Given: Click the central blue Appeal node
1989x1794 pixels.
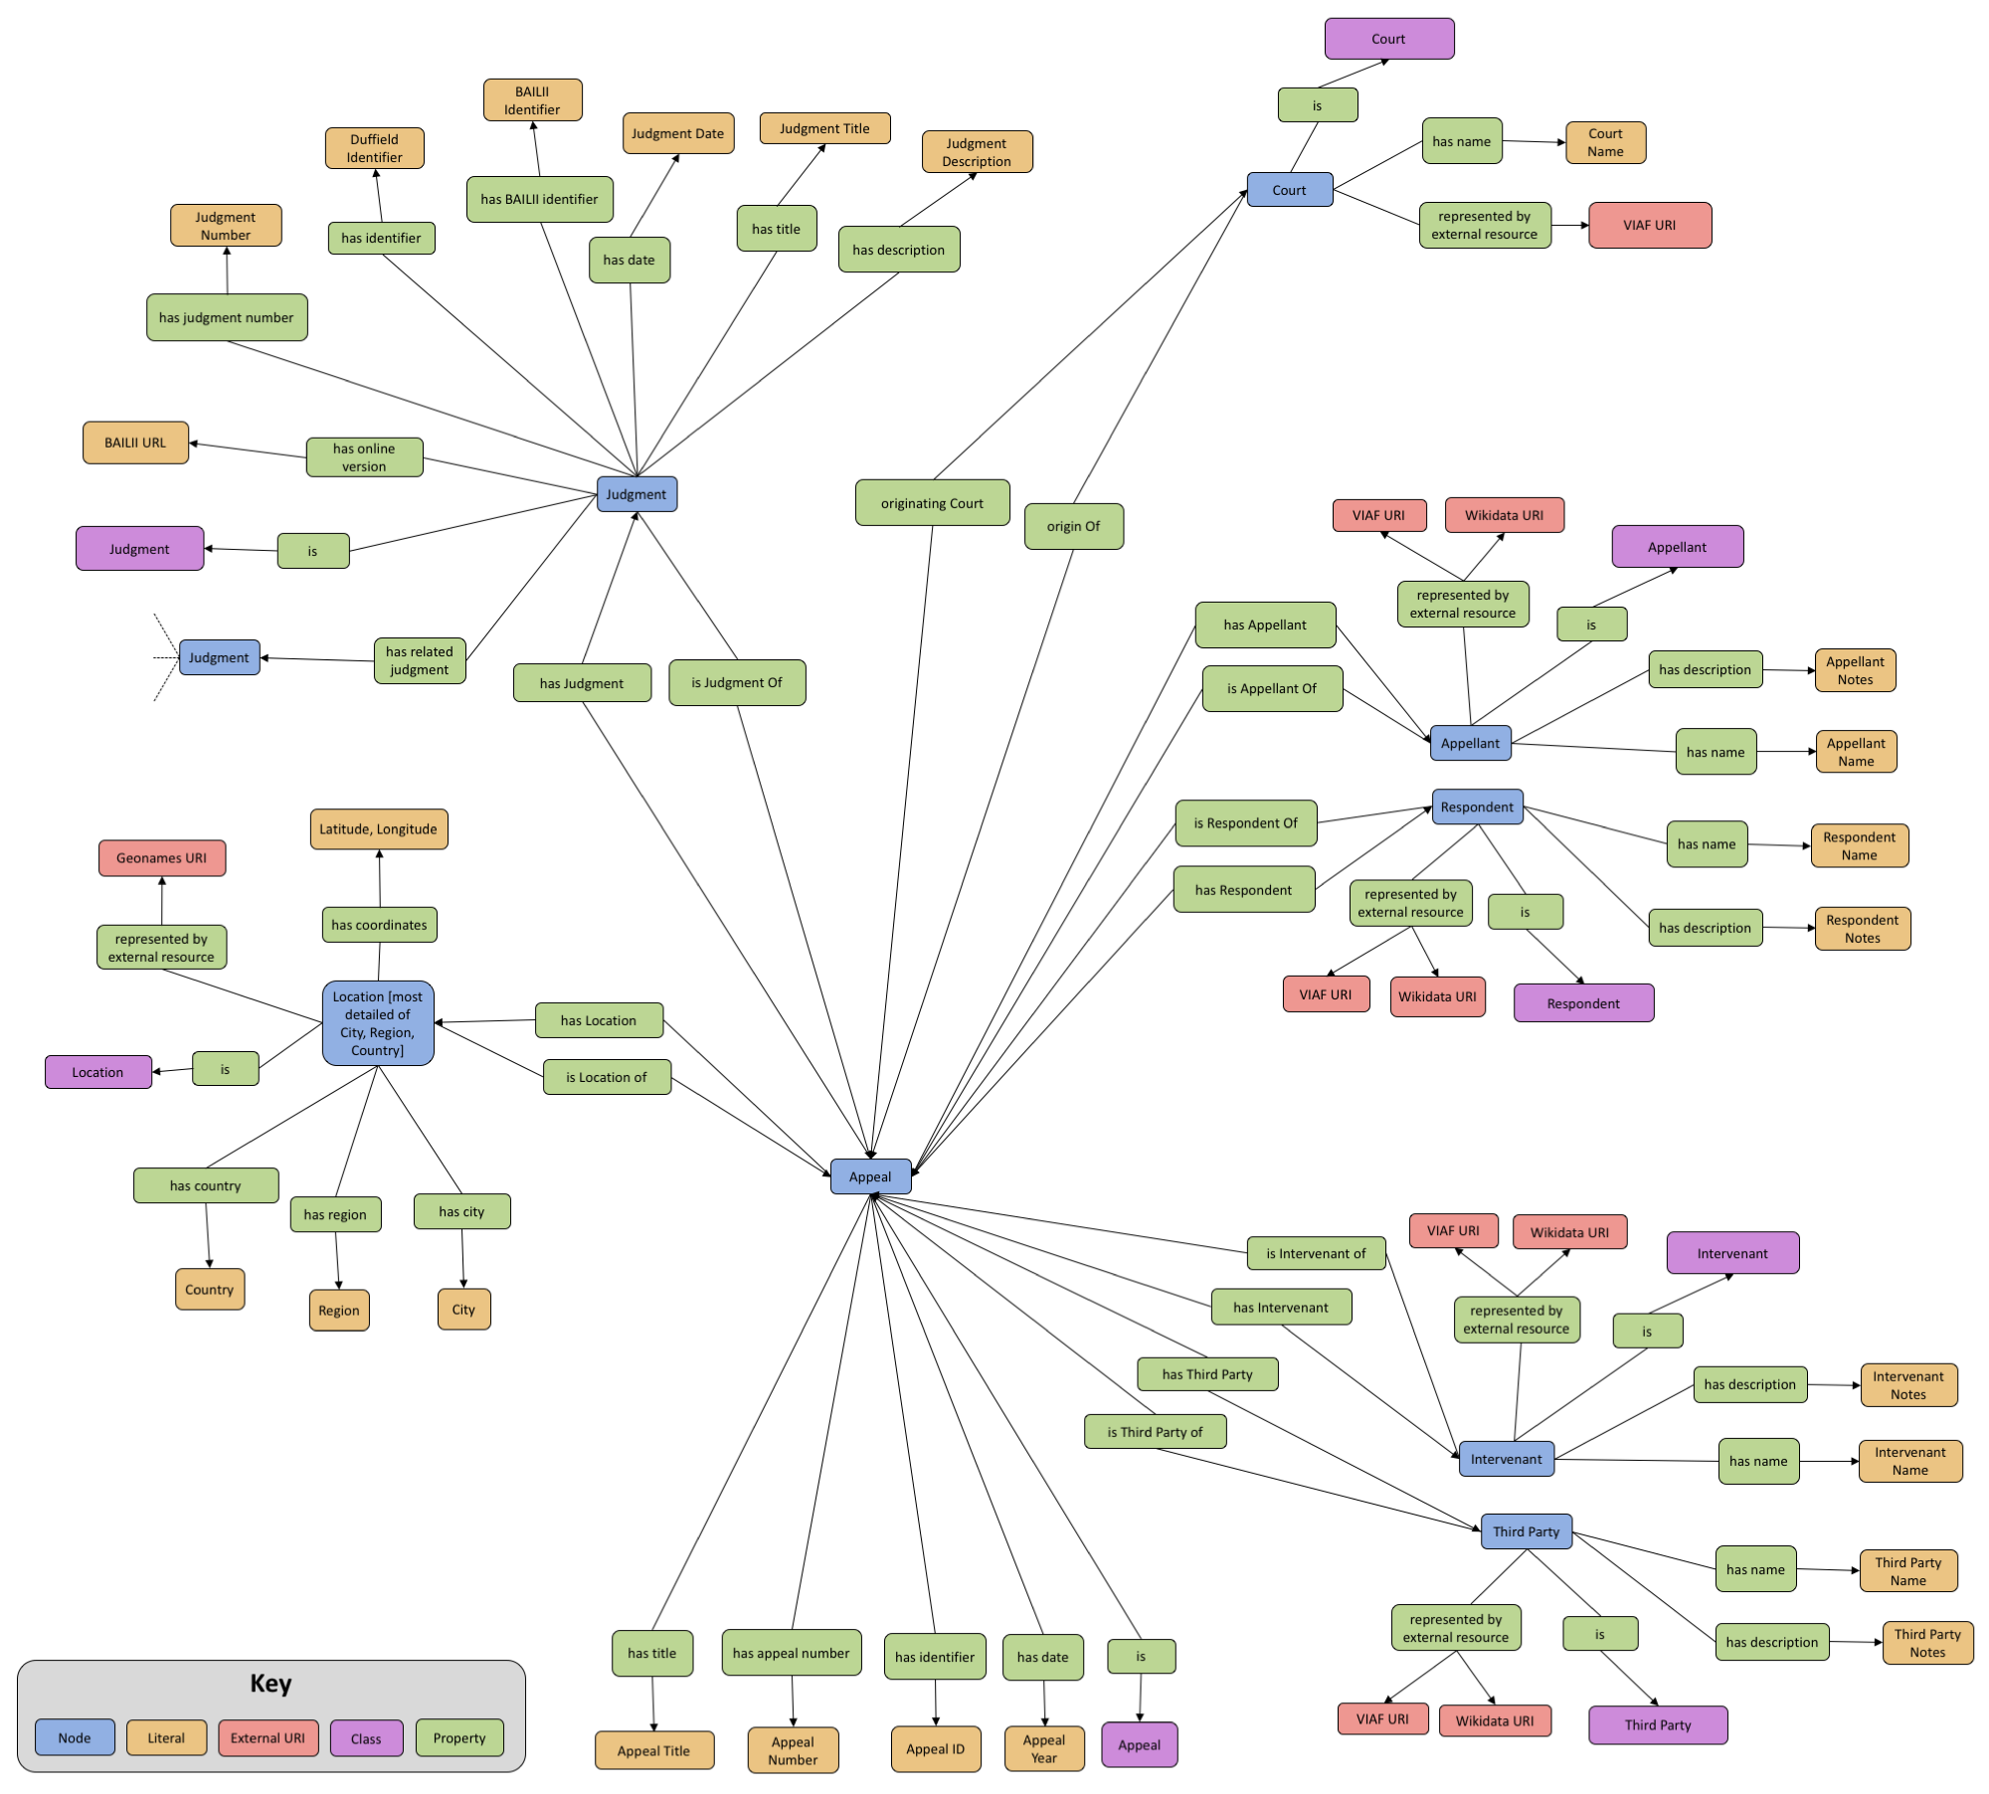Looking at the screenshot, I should [870, 1176].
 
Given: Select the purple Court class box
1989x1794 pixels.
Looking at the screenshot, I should [1388, 39].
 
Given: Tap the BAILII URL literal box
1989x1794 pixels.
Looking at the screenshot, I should [135, 443].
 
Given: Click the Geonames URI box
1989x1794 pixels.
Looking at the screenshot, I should [162, 857].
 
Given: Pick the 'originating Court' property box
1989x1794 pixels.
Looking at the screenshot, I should [932, 503].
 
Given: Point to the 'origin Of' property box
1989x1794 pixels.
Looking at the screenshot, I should [1073, 526].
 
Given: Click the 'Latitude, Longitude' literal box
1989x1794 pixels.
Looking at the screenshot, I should [378, 828].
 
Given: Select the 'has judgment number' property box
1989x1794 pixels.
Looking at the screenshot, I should [227, 317].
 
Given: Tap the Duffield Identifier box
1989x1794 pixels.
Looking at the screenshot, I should [374, 148].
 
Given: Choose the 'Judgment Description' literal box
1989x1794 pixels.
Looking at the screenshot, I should [977, 152].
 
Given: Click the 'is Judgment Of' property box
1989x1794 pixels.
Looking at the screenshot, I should [737, 682].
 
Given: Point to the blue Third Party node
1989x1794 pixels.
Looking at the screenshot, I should [1526, 1531].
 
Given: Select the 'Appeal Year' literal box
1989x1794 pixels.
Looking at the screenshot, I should [1043, 1748].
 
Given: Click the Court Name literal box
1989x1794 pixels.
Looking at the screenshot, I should [1605, 142].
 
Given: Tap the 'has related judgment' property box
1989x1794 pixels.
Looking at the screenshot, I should [420, 660].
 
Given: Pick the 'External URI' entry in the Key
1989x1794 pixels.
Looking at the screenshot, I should [268, 1737].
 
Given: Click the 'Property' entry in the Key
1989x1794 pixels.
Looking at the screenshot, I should [459, 1737].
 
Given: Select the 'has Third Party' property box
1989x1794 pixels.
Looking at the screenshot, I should [1207, 1374].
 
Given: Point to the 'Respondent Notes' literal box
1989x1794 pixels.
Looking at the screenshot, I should [1862, 929].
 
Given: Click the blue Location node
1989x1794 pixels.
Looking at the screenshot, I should [378, 1023].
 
